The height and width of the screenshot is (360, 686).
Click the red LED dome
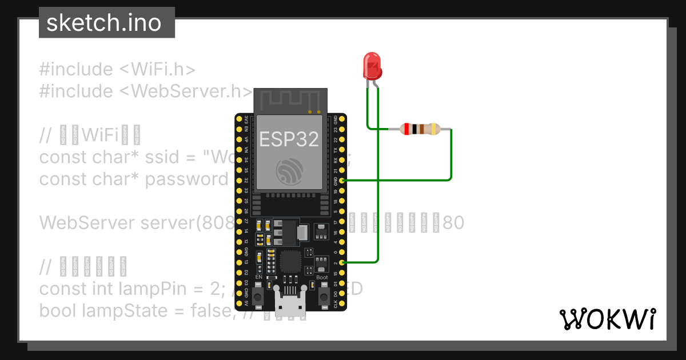tap(372, 64)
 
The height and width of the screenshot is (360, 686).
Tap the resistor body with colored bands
tap(420, 129)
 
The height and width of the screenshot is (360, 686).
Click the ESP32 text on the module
tap(289, 139)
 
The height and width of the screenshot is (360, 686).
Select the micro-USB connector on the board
tap(290, 303)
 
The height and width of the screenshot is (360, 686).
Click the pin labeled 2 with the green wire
tap(342, 262)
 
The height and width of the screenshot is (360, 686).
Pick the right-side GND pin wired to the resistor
tap(342, 181)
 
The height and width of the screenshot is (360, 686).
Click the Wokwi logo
tap(607, 319)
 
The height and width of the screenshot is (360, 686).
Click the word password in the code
tap(186, 179)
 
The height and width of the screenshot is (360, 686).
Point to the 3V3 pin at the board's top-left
tap(240, 119)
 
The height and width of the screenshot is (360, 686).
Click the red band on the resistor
tap(406, 129)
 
